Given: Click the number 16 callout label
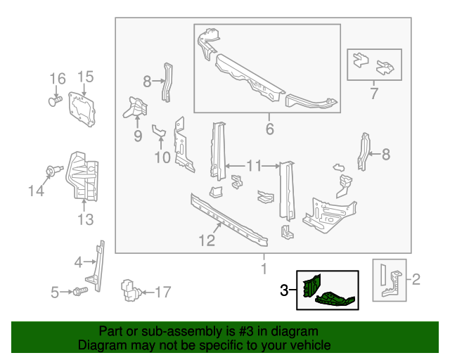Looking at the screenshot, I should (x=57, y=78).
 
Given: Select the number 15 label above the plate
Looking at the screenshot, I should (x=84, y=77).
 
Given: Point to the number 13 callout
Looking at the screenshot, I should (x=84, y=220).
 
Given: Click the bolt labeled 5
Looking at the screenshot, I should (x=80, y=290).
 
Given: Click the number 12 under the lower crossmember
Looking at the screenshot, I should (x=206, y=241).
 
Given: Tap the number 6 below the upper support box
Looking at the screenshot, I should (x=268, y=129).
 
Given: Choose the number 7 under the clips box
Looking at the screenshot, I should (x=374, y=93).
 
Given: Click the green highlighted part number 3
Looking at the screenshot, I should (x=328, y=290).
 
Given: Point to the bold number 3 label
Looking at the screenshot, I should (x=285, y=289).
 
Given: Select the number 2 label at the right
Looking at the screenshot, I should (x=415, y=281).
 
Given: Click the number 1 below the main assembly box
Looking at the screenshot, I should (x=264, y=269).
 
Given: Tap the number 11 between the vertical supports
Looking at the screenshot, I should (x=254, y=166).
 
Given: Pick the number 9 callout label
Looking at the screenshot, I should (x=138, y=135).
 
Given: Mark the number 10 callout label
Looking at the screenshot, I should (x=162, y=157).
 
